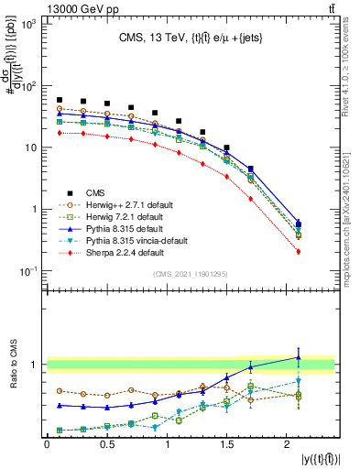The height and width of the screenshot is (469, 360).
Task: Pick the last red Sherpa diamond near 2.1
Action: [299, 251]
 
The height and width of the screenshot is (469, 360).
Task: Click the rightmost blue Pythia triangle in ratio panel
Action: [299, 357]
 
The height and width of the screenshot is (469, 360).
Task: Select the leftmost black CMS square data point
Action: [60, 100]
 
